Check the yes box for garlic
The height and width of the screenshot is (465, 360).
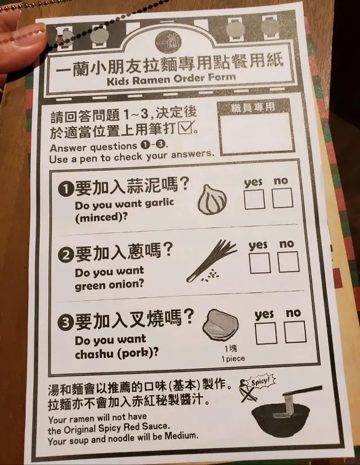(254, 199)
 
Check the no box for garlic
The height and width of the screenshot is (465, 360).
(282, 198)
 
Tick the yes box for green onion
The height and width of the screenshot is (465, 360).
(260, 263)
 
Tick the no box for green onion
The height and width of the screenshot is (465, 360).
(288, 262)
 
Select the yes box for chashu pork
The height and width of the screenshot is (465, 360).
(266, 333)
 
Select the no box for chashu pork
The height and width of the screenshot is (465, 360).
(295, 332)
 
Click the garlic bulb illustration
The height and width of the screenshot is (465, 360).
(212, 200)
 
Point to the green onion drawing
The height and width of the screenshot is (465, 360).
(211, 261)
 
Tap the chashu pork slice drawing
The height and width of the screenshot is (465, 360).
(220, 326)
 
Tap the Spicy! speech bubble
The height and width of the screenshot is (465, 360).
(261, 382)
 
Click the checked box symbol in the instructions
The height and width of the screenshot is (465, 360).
(186, 128)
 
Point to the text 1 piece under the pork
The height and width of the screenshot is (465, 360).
(233, 359)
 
